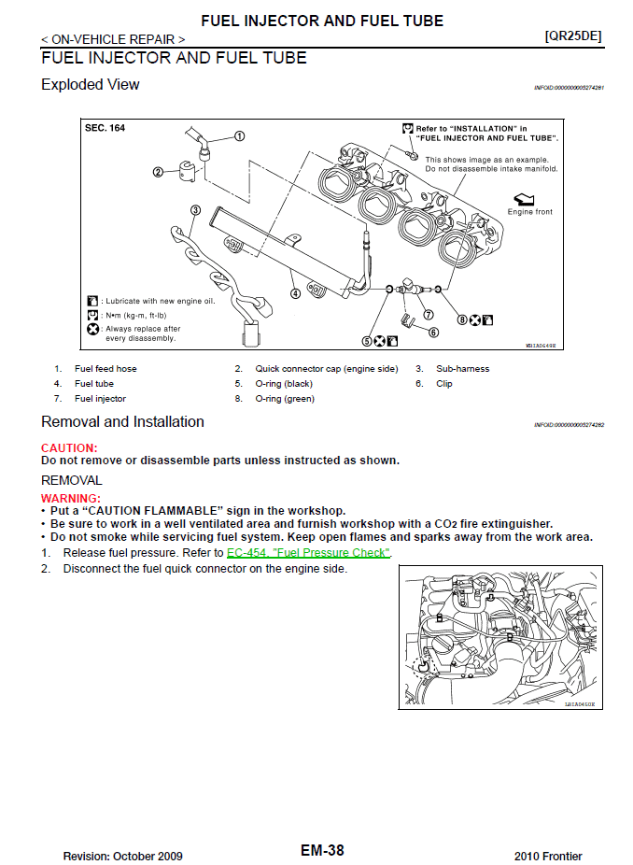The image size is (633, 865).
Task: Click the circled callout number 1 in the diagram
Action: click(x=239, y=135)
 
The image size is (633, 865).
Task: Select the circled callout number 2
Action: click(x=158, y=171)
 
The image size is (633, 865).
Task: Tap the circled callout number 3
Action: click(x=195, y=210)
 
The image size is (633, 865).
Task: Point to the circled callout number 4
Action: click(x=295, y=292)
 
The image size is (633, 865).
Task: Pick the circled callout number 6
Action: click(x=433, y=332)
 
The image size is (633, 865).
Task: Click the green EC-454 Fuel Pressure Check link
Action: click(x=308, y=553)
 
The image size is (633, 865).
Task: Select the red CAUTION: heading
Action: click(x=69, y=448)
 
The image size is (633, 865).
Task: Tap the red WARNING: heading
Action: click(x=71, y=499)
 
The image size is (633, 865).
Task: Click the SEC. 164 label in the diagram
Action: click(x=105, y=128)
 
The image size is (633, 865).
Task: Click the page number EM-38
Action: click(x=322, y=851)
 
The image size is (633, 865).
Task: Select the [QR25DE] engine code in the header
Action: click(x=572, y=36)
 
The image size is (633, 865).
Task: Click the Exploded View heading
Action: click(x=91, y=85)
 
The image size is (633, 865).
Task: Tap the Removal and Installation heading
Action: click(x=122, y=422)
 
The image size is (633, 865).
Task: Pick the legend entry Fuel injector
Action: click(x=100, y=399)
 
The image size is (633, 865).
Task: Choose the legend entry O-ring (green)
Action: click(x=285, y=399)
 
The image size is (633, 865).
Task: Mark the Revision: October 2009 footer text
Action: click(x=122, y=857)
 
